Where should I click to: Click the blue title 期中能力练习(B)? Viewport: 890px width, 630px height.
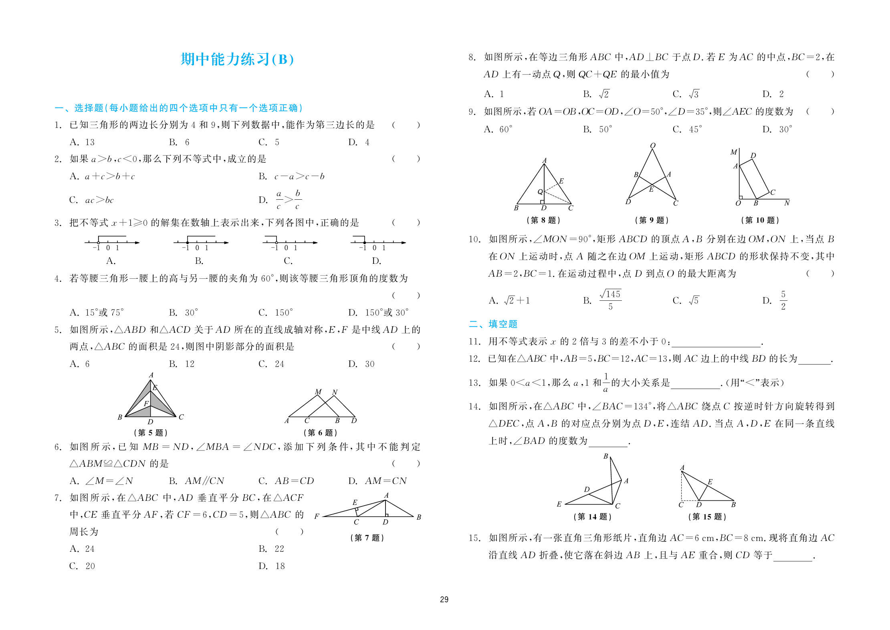click(x=237, y=59)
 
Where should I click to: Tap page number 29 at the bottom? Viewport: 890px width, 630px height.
click(x=444, y=600)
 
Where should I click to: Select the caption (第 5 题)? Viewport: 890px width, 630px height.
click(x=150, y=433)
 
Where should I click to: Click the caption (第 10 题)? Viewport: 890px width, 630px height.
click(x=760, y=220)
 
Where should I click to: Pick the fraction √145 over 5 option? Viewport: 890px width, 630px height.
click(x=610, y=300)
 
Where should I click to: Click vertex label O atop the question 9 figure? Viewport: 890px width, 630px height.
click(x=653, y=146)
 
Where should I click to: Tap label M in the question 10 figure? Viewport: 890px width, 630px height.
click(x=733, y=152)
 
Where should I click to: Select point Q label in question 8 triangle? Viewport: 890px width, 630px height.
click(x=540, y=192)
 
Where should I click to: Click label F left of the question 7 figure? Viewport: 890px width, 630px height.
click(x=317, y=517)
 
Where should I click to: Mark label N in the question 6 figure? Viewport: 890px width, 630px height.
click(x=335, y=392)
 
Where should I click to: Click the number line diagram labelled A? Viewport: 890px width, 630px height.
click(x=111, y=243)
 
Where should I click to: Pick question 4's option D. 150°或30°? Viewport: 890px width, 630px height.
click(x=378, y=313)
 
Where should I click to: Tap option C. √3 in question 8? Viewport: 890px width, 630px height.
click(x=686, y=94)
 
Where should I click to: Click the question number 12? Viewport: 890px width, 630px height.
click(x=474, y=359)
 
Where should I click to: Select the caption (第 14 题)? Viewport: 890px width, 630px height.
click(x=592, y=517)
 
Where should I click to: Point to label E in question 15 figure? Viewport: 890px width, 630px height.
click(x=710, y=482)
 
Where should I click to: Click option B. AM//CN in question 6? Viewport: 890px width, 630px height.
click(x=196, y=481)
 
